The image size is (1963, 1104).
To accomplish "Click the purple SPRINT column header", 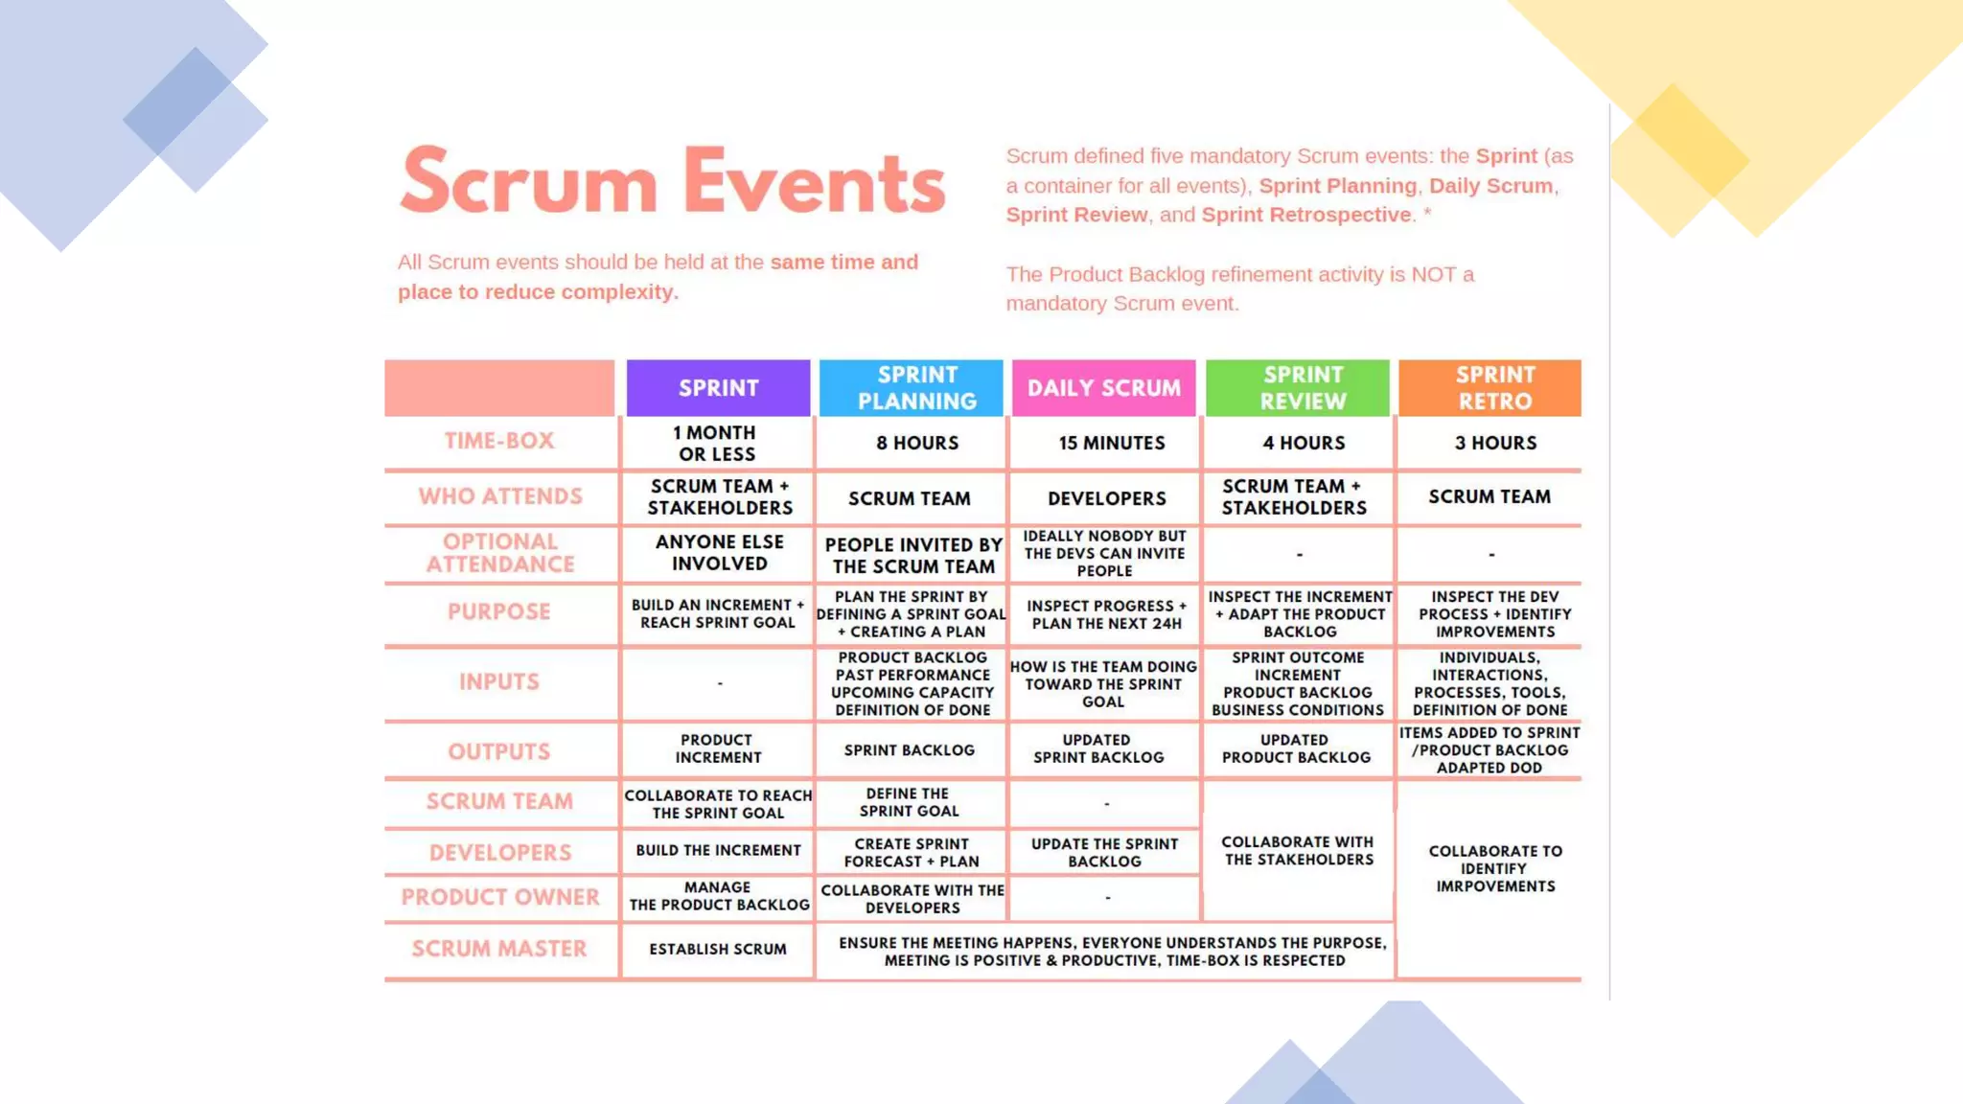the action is click(718, 388).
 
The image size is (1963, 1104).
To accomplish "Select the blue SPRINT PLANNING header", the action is click(916, 388).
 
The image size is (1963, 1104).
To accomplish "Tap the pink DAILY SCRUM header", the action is click(1104, 388).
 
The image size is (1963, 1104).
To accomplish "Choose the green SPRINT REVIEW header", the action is click(1303, 388).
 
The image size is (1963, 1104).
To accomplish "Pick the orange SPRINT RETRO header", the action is click(1494, 388).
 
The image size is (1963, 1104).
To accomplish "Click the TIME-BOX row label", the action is click(499, 441).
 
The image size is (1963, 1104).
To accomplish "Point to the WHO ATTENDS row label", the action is click(500, 496).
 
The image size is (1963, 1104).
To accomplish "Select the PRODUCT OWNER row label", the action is click(500, 897).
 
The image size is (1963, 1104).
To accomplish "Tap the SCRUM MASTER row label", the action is click(499, 949).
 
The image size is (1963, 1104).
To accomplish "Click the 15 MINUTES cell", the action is click(1112, 443).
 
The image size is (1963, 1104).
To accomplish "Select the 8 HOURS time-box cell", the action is click(917, 443).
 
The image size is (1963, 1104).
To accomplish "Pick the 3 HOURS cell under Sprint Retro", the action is click(1495, 443).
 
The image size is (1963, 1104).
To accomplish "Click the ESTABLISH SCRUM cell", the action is click(718, 949).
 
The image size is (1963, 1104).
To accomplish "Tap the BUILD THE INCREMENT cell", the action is click(718, 850).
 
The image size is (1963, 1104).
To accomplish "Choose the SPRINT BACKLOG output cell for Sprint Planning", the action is click(910, 750).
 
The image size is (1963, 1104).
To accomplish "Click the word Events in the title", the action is click(815, 182).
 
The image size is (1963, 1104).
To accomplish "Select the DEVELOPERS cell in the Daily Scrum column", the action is click(1107, 498).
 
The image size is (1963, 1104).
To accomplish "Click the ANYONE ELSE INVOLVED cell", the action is click(719, 553).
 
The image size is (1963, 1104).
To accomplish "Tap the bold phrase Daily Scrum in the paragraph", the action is click(1490, 186).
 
